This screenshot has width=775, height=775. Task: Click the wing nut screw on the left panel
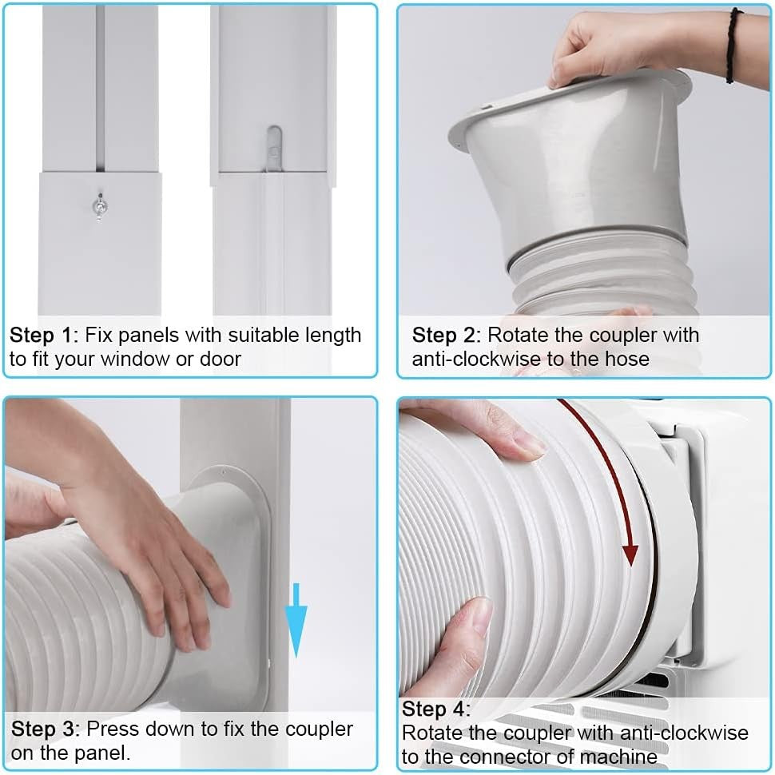(x=97, y=206)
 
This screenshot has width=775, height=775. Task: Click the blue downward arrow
(x=296, y=618)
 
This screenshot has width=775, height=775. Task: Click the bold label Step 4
(x=436, y=709)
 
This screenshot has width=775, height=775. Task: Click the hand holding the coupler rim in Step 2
(x=607, y=44)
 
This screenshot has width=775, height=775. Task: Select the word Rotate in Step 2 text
(x=516, y=335)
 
